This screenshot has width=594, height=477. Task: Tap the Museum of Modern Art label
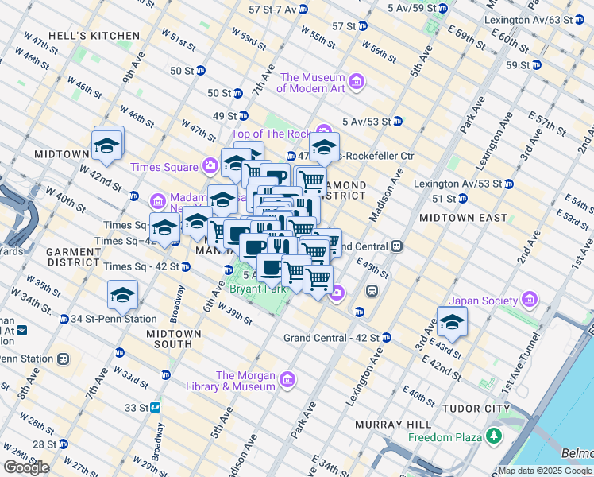[312, 83]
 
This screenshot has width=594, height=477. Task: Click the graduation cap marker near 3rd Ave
[452, 322]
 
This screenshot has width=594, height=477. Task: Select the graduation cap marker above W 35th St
[123, 295]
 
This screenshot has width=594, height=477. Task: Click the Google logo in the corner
[25, 467]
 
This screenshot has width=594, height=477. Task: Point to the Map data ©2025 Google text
[545, 471]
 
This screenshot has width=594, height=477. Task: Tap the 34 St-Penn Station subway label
[102, 319]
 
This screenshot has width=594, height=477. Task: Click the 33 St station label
[136, 408]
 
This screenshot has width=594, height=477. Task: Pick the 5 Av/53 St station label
[366, 122]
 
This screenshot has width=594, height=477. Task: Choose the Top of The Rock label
[272, 134]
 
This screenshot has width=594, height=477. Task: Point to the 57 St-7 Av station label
[272, 10]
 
